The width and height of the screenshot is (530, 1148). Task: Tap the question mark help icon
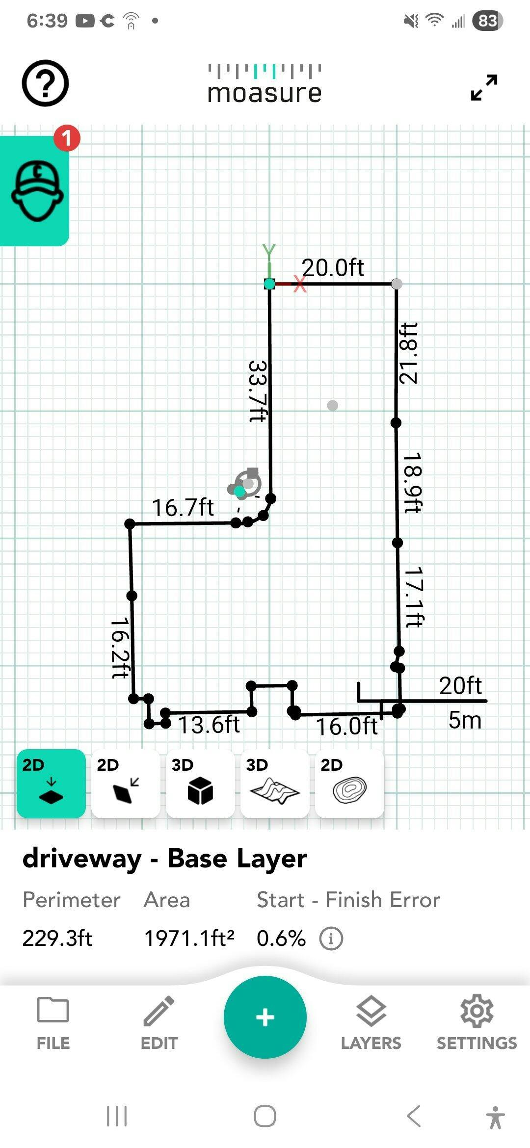coord(45,83)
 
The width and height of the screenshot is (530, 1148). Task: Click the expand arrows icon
coord(484,87)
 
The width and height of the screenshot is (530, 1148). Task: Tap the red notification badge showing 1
coord(67,138)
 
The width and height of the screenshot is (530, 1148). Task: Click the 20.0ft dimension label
coord(333,267)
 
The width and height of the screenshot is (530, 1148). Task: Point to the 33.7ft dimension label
coord(258,391)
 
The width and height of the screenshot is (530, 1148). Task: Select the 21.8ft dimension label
coord(408,353)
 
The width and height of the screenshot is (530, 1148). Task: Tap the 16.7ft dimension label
coord(183,507)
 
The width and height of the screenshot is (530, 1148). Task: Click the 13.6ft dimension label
coord(209,725)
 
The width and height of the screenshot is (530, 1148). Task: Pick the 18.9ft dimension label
coord(412,483)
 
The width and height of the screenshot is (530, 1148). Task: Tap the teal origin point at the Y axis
coord(269,284)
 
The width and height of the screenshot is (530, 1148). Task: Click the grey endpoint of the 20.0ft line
coord(397,284)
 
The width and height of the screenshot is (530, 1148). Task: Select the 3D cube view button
coord(200,783)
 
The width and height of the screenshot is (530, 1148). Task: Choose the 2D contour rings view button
coord(349,783)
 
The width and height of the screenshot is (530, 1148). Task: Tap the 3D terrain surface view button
coord(275,783)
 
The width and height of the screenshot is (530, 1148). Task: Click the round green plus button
coord(265,1017)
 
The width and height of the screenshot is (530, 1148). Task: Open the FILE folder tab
coord(53,1023)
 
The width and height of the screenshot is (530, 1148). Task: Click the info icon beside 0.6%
coord(331,939)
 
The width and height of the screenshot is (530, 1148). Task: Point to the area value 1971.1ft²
coord(189,938)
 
